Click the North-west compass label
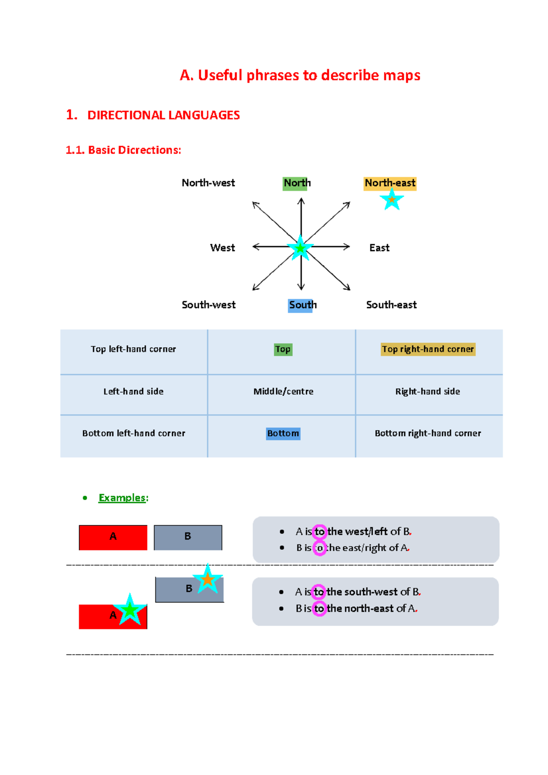208,183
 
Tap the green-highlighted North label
296,183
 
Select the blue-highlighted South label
302,305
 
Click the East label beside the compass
379,248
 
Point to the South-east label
391,305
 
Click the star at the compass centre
300,248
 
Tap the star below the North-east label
391,199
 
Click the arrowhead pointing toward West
255,247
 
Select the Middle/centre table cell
283,392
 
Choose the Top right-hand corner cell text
428,349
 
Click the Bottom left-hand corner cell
134,434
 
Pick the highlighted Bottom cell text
283,434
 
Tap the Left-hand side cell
133,392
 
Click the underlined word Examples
122,498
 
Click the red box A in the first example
113,537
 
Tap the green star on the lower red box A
130,610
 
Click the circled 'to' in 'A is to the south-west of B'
319,592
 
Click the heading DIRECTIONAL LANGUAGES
163,115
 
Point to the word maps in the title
401,75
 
